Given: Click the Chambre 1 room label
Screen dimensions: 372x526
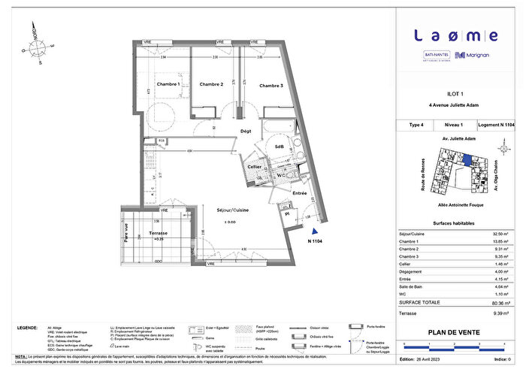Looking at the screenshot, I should click(x=167, y=85).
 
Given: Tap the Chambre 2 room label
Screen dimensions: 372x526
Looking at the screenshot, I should click(x=211, y=85).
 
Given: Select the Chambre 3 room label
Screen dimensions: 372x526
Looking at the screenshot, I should click(x=271, y=86).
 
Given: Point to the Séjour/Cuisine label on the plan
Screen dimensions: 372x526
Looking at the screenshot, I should click(x=231, y=209).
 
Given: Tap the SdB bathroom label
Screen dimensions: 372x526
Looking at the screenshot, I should click(x=279, y=146).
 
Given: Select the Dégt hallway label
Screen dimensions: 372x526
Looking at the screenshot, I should click(x=245, y=131).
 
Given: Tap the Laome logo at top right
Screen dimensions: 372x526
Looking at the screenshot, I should click(x=455, y=35).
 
